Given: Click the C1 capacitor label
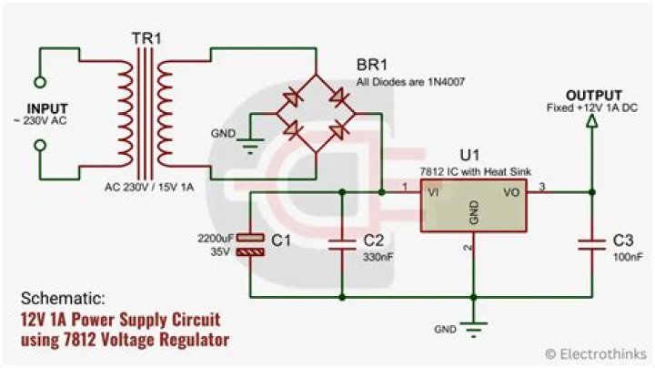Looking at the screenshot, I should coord(281,240).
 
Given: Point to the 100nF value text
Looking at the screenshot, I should coord(622,259).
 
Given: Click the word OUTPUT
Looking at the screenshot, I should coord(594,95).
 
